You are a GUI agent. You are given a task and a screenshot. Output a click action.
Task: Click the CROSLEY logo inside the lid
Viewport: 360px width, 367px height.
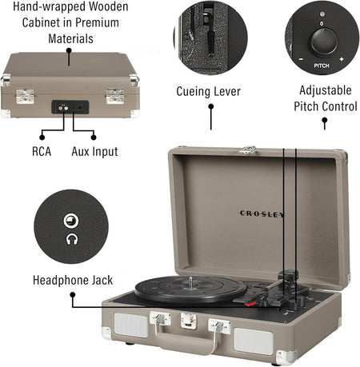(x=262, y=213)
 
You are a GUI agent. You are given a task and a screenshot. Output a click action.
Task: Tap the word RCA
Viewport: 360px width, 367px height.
(x=42, y=150)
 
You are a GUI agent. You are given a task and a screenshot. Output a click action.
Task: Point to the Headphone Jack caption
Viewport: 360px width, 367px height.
(x=72, y=280)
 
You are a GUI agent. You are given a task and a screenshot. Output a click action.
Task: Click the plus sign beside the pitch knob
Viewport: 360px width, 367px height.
(x=341, y=60)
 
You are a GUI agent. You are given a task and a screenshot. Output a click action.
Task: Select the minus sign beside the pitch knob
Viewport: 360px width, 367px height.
(x=301, y=60)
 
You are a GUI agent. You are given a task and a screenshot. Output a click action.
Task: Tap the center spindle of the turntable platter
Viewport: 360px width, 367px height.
(x=193, y=281)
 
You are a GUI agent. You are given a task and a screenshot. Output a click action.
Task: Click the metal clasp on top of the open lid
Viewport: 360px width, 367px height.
(x=250, y=149)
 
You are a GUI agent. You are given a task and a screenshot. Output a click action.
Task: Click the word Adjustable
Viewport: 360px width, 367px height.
(x=325, y=91)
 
